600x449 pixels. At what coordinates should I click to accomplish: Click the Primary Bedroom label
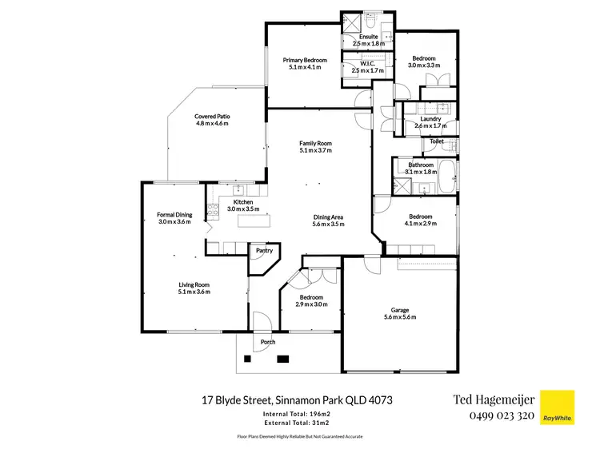click(304, 60)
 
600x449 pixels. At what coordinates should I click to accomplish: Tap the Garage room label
click(399, 310)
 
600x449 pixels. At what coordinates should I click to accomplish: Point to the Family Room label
click(315, 143)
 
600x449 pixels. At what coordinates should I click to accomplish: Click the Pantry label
click(262, 251)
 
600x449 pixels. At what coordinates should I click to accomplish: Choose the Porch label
click(267, 342)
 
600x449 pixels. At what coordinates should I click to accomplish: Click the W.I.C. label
click(368, 64)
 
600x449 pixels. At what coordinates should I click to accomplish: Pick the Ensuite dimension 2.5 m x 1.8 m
click(368, 44)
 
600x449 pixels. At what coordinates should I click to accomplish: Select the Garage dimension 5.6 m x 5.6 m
click(399, 318)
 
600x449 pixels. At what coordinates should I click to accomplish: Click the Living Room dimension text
click(194, 292)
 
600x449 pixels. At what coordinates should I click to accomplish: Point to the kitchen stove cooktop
click(213, 212)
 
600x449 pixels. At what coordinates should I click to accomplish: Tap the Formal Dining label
click(174, 215)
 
